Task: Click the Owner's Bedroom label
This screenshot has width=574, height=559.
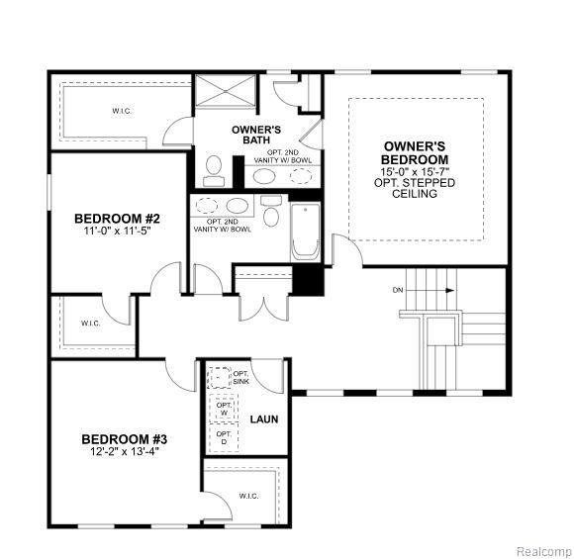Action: (x=415, y=153)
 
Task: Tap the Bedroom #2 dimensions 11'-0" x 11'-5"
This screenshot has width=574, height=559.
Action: (x=117, y=231)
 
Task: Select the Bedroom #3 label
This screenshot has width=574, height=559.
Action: (x=124, y=439)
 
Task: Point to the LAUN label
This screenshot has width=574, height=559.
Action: (x=264, y=419)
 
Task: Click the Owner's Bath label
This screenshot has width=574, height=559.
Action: (x=256, y=135)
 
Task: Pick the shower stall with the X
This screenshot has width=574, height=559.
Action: (x=225, y=90)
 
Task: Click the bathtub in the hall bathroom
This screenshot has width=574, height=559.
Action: (x=305, y=232)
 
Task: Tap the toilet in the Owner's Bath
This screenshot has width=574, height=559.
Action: (x=214, y=170)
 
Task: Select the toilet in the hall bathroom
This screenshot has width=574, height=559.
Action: (x=271, y=211)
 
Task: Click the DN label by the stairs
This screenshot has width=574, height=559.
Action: (x=398, y=290)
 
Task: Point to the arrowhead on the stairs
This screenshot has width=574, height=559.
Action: (x=450, y=291)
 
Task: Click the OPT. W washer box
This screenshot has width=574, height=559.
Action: (x=224, y=409)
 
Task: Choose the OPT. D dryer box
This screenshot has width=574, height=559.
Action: (x=224, y=438)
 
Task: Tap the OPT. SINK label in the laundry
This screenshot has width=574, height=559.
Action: (x=240, y=377)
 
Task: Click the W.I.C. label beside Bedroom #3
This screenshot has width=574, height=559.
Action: (x=248, y=497)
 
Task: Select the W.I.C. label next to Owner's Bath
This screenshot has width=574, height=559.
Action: (x=122, y=111)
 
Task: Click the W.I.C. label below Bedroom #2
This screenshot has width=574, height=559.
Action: (x=90, y=324)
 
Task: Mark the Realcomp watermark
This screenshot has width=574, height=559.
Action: (x=544, y=551)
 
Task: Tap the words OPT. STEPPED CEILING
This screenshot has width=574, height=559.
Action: (x=415, y=188)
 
